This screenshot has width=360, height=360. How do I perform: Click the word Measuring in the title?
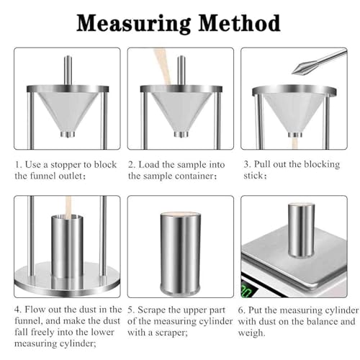coord(134,24)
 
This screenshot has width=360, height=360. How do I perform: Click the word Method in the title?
coord(240,23)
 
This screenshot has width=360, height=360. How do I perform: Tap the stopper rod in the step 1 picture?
coord(68,71)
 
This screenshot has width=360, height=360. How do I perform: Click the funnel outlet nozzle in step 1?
coord(68,134)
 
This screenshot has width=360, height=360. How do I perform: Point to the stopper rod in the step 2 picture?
coord(181,71)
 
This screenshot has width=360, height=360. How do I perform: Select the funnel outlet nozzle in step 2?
coord(181,134)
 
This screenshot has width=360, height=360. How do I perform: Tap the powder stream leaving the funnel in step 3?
coord(294,143)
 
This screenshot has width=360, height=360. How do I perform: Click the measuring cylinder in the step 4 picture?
coord(68,247)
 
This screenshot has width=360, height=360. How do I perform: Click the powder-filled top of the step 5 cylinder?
coord(181,215)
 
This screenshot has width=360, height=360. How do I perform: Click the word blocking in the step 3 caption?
coord(322,165)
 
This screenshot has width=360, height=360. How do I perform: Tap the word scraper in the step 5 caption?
coord(171,333)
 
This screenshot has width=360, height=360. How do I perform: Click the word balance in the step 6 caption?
coord(321,321)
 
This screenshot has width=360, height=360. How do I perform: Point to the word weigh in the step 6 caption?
coord(251,333)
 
